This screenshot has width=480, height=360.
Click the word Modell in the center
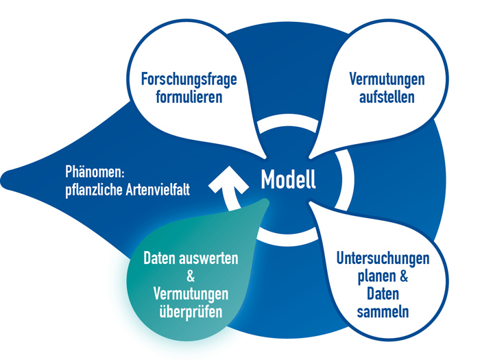tap(288, 180)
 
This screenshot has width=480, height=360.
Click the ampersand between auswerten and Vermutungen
tap(191, 277)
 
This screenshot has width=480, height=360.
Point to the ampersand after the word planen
tap(405, 277)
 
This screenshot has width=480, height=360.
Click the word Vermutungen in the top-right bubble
tap(387, 79)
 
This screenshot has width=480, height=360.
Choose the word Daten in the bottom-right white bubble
tap(383, 295)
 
